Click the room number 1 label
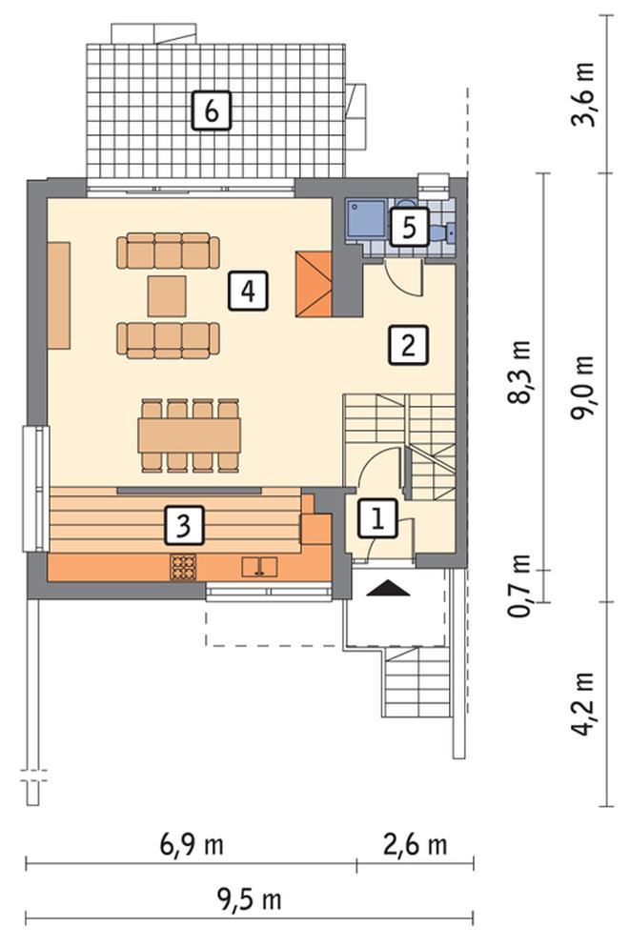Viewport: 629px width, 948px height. click(x=378, y=518)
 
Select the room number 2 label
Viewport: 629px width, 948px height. click(x=408, y=345)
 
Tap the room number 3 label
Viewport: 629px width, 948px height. click(x=183, y=524)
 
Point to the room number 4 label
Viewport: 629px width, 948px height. click(x=248, y=292)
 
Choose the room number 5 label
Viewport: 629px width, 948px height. click(x=410, y=228)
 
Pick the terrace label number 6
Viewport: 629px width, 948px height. click(x=211, y=111)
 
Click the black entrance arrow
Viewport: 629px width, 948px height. click(x=388, y=588)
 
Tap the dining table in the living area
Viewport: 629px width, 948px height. click(x=190, y=435)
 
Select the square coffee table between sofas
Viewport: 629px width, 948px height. click(x=168, y=296)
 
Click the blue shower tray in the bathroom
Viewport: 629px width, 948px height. click(x=366, y=219)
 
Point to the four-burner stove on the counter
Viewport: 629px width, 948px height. click(x=183, y=567)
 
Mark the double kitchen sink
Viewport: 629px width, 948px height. click(x=259, y=567)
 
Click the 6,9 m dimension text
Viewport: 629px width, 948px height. click(x=192, y=844)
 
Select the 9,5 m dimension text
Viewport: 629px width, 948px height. click(x=249, y=899)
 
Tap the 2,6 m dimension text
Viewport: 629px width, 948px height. click(x=416, y=844)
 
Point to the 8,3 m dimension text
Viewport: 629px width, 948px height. click(x=519, y=372)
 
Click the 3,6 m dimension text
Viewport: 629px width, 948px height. click(x=583, y=93)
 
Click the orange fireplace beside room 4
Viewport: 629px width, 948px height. click(x=314, y=284)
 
